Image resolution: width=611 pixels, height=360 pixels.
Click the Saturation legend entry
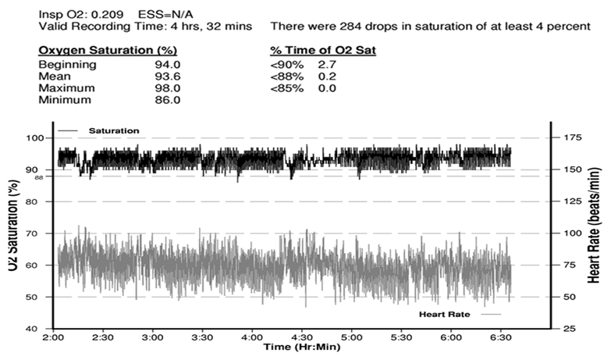[112, 130]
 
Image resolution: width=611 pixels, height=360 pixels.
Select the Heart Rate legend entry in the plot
[444, 313]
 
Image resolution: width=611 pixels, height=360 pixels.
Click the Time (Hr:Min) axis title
[300, 347]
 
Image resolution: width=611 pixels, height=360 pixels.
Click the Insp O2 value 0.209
[100, 13]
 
